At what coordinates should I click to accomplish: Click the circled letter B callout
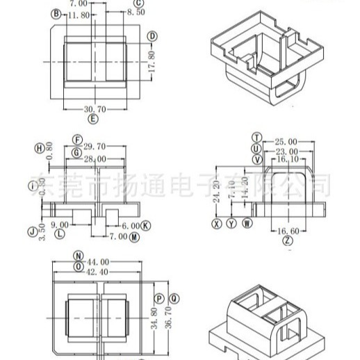point(56,14)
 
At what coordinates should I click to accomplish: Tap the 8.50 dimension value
point(136,12)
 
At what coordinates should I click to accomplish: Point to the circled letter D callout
point(152,36)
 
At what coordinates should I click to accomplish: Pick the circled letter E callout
point(94,119)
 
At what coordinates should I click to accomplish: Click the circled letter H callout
point(40,147)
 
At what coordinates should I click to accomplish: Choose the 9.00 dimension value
point(60,224)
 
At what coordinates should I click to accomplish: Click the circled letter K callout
point(146,226)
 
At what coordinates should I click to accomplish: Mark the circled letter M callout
point(133,236)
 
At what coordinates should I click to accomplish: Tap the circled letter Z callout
point(288,240)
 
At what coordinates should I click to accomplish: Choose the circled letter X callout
point(217,224)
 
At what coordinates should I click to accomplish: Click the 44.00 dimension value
point(99,262)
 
